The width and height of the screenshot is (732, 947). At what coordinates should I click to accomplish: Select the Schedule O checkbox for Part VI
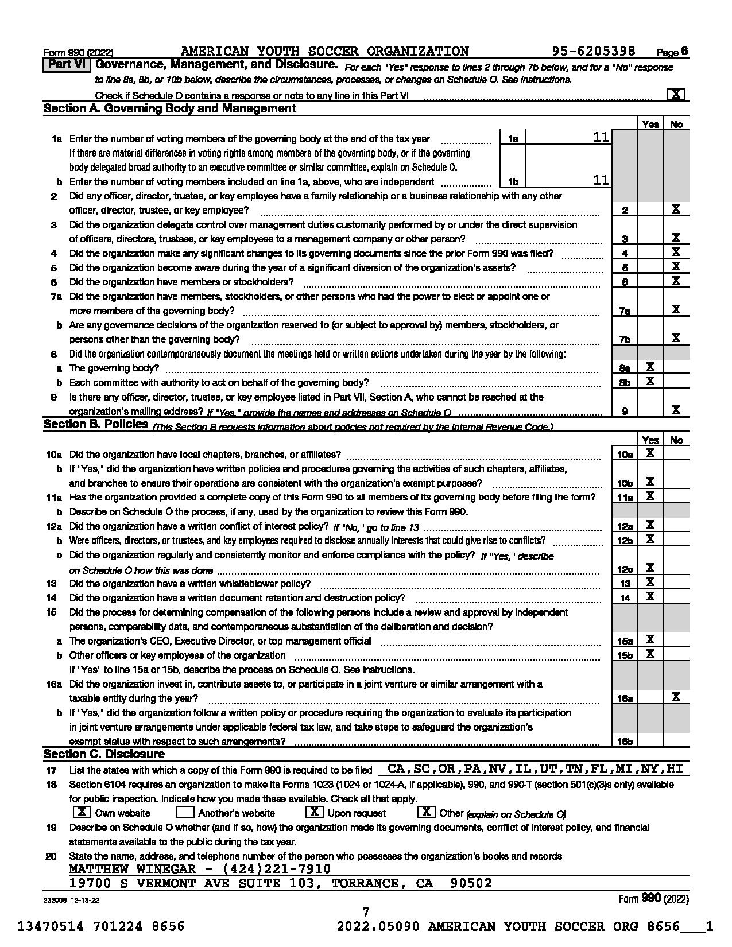tap(676, 95)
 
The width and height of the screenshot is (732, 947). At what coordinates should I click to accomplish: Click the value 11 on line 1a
tap(601, 138)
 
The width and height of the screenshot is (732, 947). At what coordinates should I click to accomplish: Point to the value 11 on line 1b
tap(601, 181)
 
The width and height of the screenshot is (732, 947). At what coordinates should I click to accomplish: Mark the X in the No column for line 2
tap(676, 209)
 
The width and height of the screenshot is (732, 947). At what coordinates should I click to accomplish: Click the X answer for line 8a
tap(650, 367)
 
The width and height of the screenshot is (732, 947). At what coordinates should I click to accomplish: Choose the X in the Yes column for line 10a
tap(650, 453)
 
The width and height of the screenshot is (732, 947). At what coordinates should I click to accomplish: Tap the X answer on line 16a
tap(676, 697)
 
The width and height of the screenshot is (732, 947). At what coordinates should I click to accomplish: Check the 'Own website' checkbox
tap(83, 812)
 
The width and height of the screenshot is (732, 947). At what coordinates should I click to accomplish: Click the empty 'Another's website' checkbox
tap(185, 812)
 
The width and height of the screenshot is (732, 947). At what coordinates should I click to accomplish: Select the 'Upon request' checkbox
tap(314, 812)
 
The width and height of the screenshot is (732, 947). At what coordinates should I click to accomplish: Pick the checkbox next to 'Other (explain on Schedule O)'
tap(426, 812)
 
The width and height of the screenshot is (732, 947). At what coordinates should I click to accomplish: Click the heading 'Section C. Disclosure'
tap(104, 754)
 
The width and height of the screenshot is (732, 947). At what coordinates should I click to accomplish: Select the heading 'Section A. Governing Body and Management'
tap(169, 108)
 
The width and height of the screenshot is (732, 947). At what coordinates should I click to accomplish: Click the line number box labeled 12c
tap(625, 569)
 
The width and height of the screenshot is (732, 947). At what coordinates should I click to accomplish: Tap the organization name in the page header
tap(324, 52)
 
